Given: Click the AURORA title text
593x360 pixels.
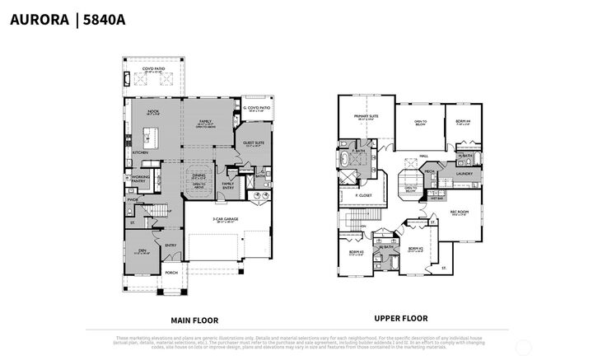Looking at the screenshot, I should pos(39,20).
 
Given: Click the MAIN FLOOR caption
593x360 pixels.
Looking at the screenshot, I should pos(194,320).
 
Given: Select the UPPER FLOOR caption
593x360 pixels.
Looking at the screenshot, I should pos(400,318).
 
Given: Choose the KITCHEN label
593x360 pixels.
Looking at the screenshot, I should pos(140,152).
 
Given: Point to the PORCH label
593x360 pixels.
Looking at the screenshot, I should pos(171,273).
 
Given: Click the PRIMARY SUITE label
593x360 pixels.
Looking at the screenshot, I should pos(367,116).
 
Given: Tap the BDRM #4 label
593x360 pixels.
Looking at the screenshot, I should pos(463,121).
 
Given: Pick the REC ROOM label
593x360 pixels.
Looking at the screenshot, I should pos(459,210).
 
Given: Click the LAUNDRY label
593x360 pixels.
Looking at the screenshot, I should pos(463,174).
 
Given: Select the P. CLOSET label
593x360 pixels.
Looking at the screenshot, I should pos(362,195).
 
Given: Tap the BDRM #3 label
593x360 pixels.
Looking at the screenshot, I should pos(355,252).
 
